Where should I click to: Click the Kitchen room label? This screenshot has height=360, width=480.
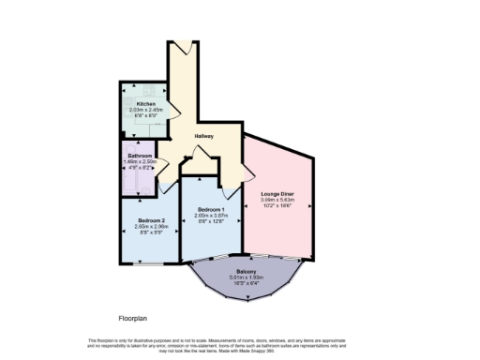click(146, 103)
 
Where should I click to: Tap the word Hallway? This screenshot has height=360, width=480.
click(203, 136)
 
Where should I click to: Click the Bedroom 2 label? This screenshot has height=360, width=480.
click(138, 220)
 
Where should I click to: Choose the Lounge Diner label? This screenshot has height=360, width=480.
click(277, 193)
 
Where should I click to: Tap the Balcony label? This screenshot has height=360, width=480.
click(249, 271)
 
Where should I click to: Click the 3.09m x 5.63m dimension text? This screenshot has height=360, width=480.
click(277, 200)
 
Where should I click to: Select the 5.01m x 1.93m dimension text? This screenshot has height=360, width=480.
click(249, 277)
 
